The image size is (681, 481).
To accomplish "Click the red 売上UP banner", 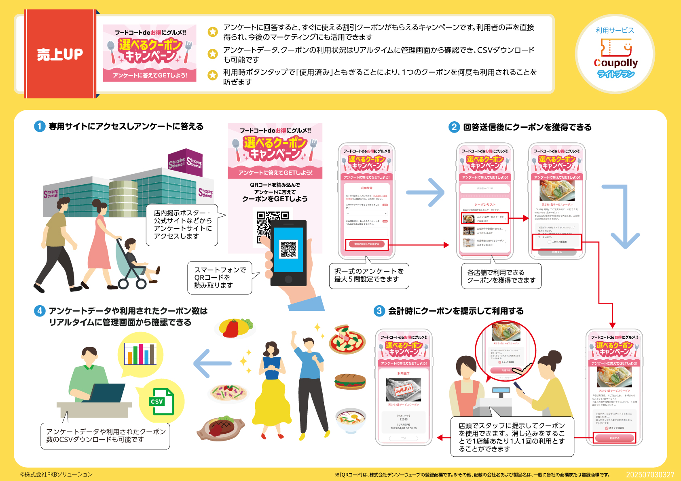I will coord(60,54).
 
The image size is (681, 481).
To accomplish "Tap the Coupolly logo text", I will coord(615,63).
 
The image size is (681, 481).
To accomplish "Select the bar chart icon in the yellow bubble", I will coord(140,354).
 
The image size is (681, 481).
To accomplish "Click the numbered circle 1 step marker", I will coord(39,127).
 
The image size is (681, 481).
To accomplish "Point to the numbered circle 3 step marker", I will coord(379,311).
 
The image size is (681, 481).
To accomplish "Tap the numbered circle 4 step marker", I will coord(39,311).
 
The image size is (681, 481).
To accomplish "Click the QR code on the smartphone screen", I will coord(289,249).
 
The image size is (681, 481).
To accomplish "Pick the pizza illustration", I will coord(347,339).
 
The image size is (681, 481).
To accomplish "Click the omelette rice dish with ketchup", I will coord(235,327).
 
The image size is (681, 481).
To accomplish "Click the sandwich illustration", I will coord(350,381).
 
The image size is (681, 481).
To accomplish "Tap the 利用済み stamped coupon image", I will coord(403,390).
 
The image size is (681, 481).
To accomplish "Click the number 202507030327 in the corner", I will coord(650,475).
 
